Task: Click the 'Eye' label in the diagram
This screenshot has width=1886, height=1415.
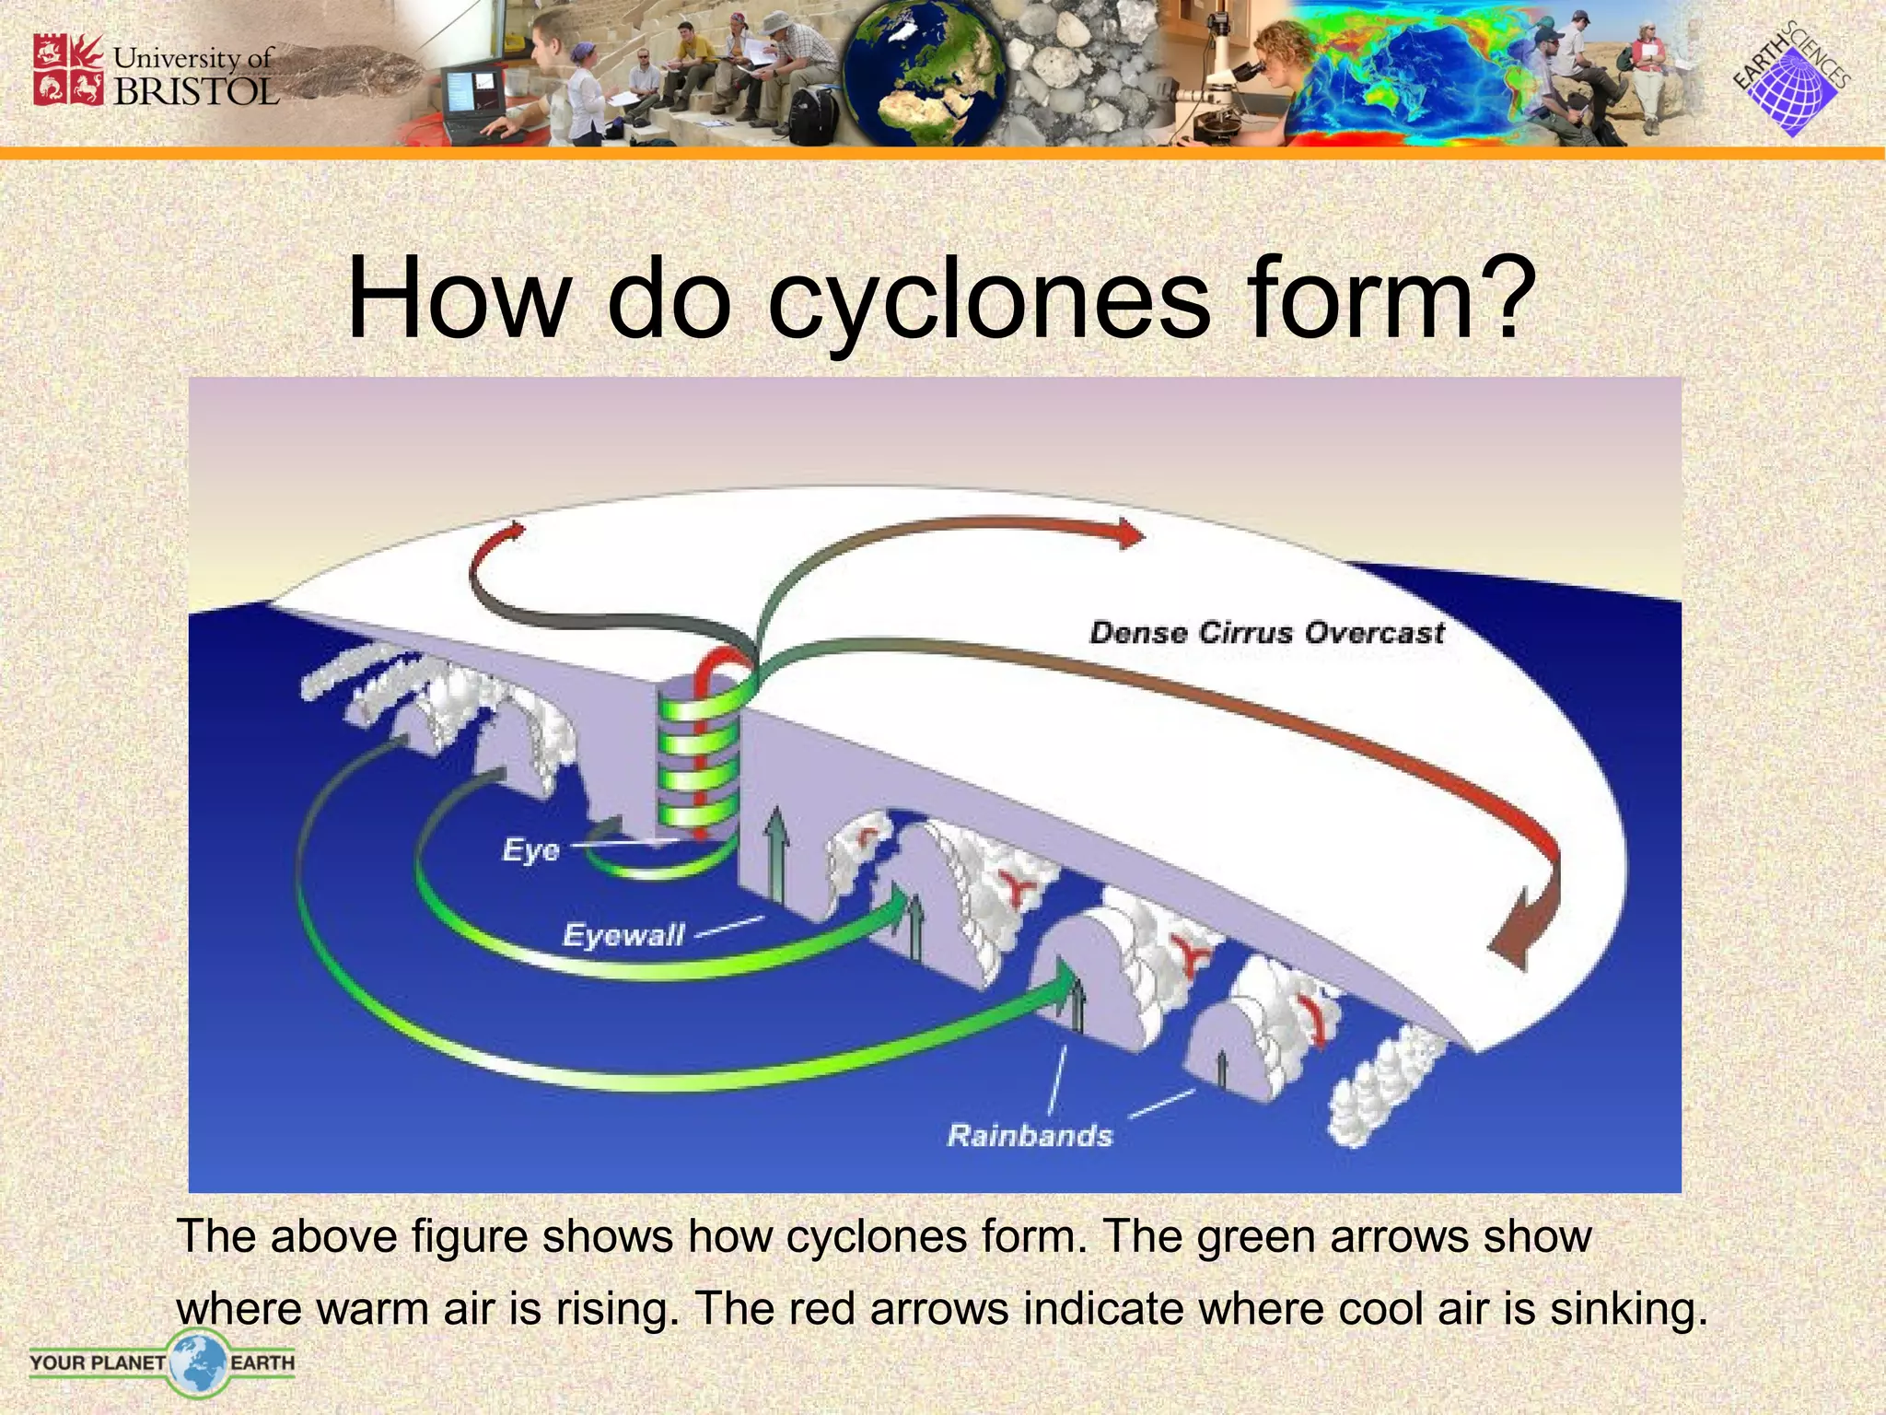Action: pyautogui.click(x=530, y=849)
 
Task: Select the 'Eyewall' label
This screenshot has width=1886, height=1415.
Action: pyautogui.click(x=623, y=936)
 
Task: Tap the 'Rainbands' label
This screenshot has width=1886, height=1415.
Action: pyautogui.click(x=1030, y=1135)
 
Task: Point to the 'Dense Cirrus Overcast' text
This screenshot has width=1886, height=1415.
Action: pyautogui.click(x=1267, y=633)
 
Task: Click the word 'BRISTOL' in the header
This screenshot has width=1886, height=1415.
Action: pyautogui.click(x=195, y=91)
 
